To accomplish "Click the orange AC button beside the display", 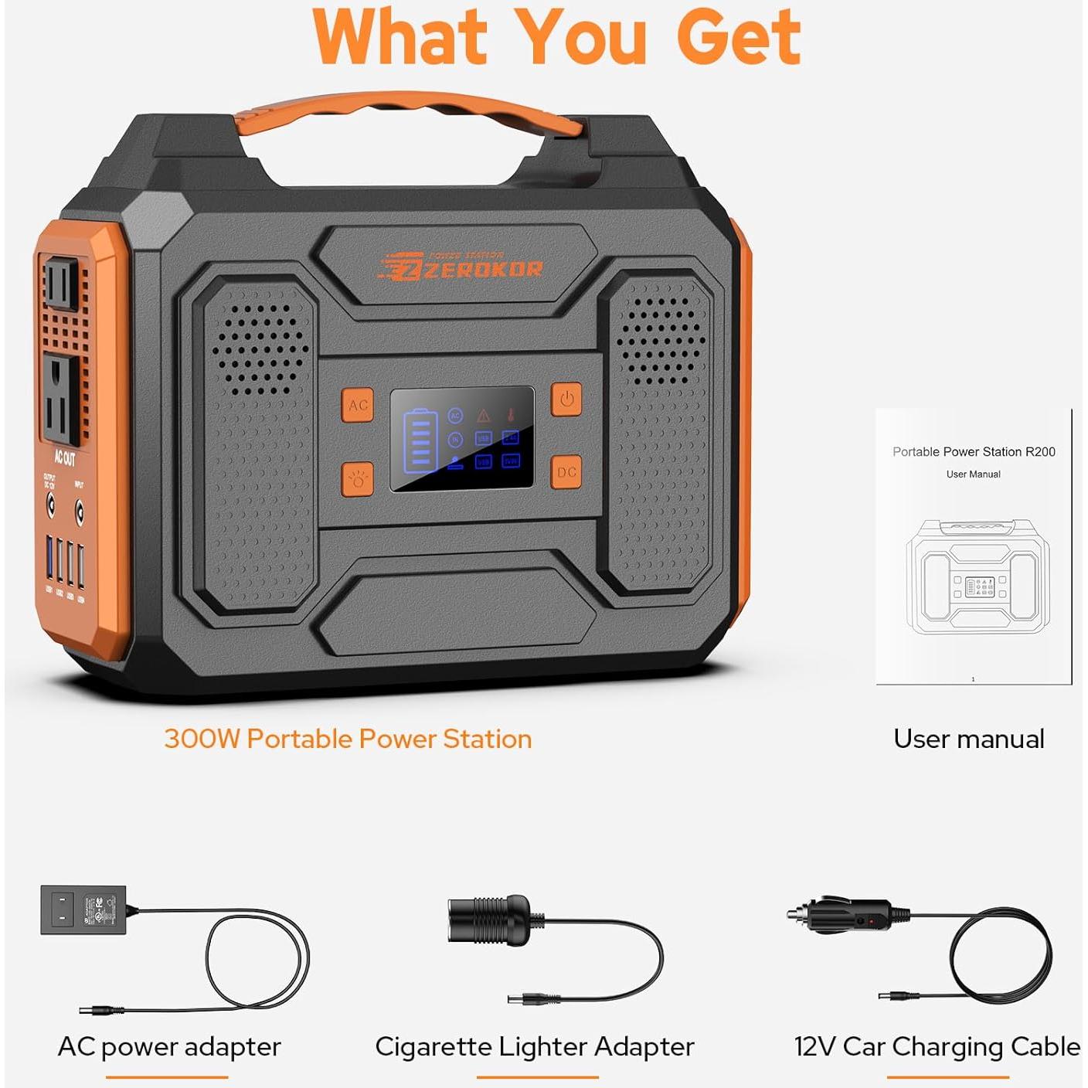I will (x=358, y=405).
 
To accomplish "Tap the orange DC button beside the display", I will (x=566, y=472).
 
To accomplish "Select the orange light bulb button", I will (x=358, y=479).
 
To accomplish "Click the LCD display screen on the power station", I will (x=462, y=438).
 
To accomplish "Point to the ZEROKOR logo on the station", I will (x=462, y=267).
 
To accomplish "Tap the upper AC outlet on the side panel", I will (x=60, y=284).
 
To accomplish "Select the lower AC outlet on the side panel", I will (x=60, y=399).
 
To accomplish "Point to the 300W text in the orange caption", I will (x=202, y=739).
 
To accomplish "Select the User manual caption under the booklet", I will (x=969, y=739).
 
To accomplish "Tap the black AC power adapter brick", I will (x=83, y=910).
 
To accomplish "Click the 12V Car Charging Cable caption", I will (x=937, y=1046).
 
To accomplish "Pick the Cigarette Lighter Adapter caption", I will (x=535, y=1046).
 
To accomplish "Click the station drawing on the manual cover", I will (x=977, y=577).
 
